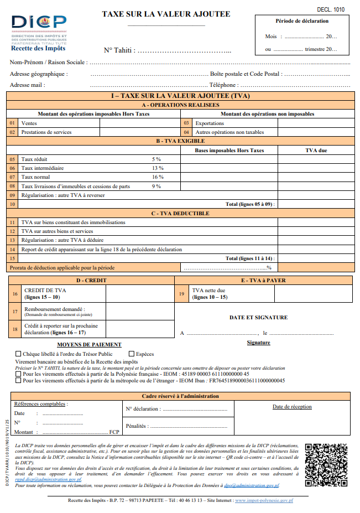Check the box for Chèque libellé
pyautogui.click(x=18, y=354)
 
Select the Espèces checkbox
pyautogui.click(x=132, y=354)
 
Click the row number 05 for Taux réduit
pyautogui.click(x=12, y=159)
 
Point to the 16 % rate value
pyautogui.click(x=158, y=177)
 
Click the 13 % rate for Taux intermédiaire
pyautogui.click(x=158, y=168)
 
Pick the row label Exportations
pyautogui.click(x=210, y=123)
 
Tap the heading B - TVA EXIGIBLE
pyautogui.click(x=180, y=141)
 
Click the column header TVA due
pyautogui.click(x=316, y=150)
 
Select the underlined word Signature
pyautogui.click(x=258, y=343)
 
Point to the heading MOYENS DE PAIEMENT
pyautogui.click(x=97, y=344)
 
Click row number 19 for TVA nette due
pyautogui.click(x=181, y=294)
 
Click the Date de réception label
pyautogui.click(x=293, y=407)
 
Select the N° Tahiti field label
pyautogui.click(x=119, y=50)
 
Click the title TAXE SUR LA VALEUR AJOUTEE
pyautogui.click(x=166, y=14)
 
